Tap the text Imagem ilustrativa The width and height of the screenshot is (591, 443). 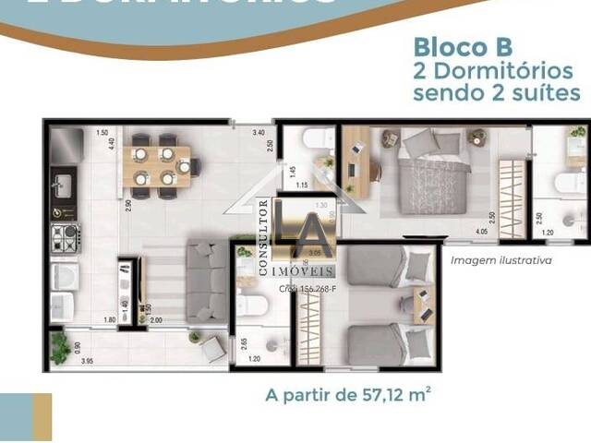coord(501,260)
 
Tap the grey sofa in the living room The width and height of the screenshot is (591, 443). coord(205,281)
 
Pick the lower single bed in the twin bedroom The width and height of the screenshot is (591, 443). coord(378,343)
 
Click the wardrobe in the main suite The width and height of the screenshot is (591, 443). coord(511,187)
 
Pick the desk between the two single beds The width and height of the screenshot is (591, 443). coord(421,305)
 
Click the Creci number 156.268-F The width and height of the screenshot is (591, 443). coord(308,288)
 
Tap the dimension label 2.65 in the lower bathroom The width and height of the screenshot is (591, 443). coord(244,344)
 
